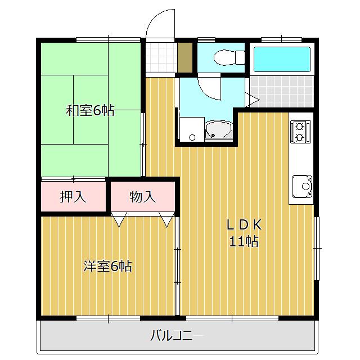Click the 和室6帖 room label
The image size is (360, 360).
pos(90,110)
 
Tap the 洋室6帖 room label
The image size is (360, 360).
pos(107,266)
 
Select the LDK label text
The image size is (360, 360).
pos(244,225)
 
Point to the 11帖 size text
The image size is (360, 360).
pos(244,241)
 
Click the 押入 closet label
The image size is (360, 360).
pos(73,197)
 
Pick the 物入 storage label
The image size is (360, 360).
pos(142,197)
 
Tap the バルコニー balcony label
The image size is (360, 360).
pos(177,336)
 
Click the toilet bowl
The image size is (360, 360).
pos(225,57)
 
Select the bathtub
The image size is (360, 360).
pos(282,59)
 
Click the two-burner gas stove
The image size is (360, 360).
pos(300,132)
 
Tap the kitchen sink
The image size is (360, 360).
pos(302,186)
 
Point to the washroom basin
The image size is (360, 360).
pos(219,130)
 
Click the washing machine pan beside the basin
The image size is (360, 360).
pos(192,129)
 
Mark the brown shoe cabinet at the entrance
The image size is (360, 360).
pos(185,57)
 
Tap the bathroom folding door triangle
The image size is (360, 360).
pos(252,100)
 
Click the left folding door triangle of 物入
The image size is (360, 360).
pos(119,220)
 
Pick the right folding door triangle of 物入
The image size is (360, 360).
pos(167,220)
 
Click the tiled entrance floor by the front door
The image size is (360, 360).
pos(161,57)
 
